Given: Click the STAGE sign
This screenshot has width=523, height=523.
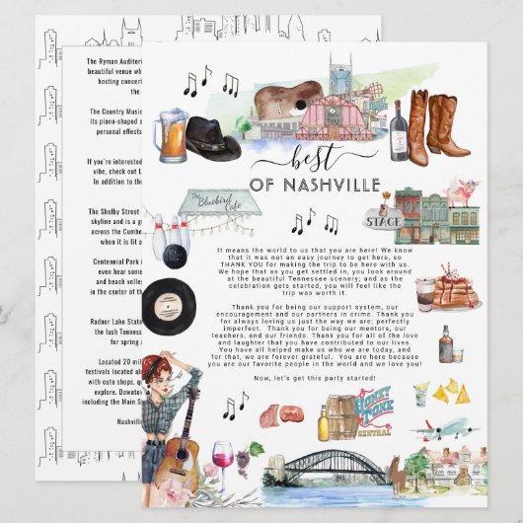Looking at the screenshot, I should click(x=382, y=222).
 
